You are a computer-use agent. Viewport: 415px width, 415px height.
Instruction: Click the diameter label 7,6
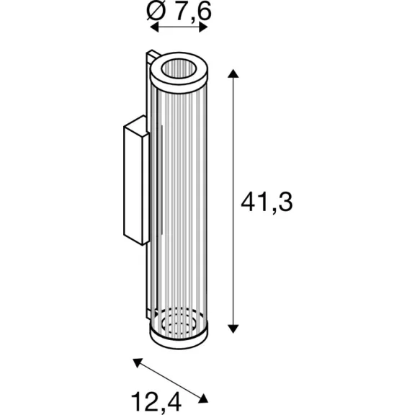point(194,12)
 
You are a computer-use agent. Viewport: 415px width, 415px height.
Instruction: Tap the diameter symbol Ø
point(156,11)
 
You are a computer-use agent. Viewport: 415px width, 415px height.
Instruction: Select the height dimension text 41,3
point(267,202)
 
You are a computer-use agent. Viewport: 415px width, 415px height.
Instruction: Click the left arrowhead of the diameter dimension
point(154,27)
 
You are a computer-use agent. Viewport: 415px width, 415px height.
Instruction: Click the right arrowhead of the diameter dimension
point(203,27)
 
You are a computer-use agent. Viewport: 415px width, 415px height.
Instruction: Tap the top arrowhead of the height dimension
point(233,73)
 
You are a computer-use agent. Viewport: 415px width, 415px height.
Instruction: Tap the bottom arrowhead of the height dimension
point(233,329)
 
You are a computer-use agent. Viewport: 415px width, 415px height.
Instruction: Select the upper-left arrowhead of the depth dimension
point(138,362)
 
